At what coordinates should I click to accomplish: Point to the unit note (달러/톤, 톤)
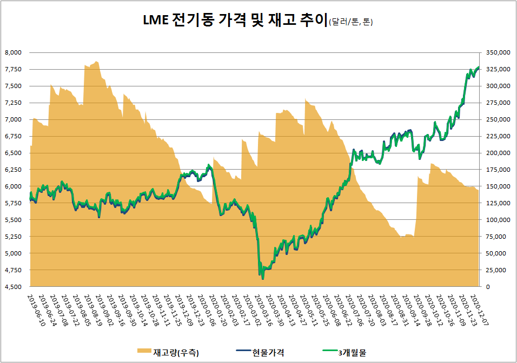[x=350, y=22]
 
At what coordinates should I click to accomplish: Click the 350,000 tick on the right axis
[x=498, y=52]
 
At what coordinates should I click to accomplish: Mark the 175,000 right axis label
[x=498, y=170]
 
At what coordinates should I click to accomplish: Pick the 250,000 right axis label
[x=498, y=119]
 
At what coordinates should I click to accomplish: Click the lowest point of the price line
[x=263, y=279]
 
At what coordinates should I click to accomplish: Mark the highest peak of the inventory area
[x=96, y=61]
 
